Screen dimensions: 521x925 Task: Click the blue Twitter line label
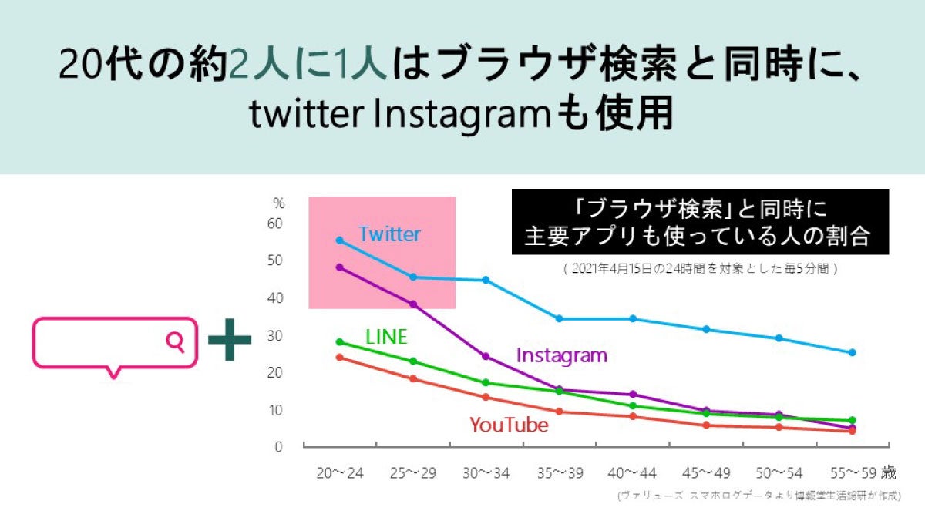pos(389,234)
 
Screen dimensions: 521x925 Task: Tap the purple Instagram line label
pos(561,355)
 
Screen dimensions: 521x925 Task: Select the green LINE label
pos(386,337)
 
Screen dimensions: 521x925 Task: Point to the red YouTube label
pos(509,425)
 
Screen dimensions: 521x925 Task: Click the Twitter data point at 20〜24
pos(339,240)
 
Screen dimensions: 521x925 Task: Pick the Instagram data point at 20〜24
pos(339,267)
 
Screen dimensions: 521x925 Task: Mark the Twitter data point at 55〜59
pos(853,352)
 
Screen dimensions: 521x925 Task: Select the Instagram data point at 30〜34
pos(486,356)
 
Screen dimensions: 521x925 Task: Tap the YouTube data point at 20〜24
pos(339,357)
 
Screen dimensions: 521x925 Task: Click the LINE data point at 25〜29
pos(413,361)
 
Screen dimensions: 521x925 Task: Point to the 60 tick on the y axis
pos(275,224)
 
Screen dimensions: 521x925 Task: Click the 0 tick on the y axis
pos(279,446)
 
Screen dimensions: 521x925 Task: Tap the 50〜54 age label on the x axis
pos(780,472)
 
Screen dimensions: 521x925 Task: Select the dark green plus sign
pos(230,341)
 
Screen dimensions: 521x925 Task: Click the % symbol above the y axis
pos(279,203)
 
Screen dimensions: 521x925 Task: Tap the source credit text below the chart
pos(758,496)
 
